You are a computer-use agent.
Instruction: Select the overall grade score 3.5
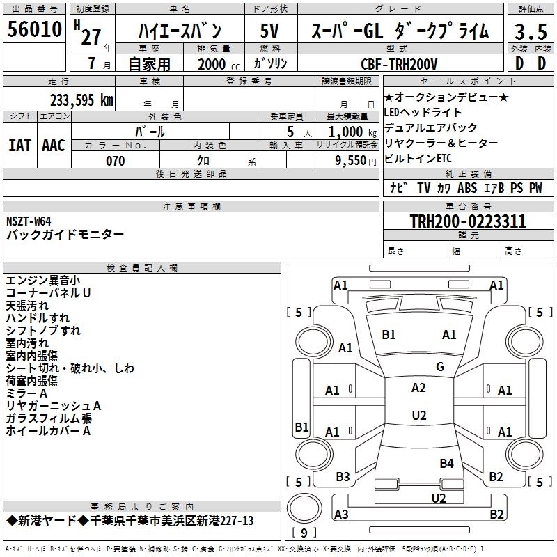pyautogui.click(x=530, y=31)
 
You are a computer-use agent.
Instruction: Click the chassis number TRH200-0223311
pyautogui.click(x=467, y=222)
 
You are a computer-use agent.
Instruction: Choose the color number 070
pyautogui.click(x=114, y=161)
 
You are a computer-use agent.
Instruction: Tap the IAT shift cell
pyautogui.click(x=19, y=145)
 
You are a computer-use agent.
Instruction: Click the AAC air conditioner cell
pyautogui.click(x=54, y=145)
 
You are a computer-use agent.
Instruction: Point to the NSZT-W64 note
pyautogui.click(x=29, y=221)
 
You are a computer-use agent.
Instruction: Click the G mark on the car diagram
pyautogui.click(x=439, y=367)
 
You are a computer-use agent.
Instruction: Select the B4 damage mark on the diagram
pyautogui.click(x=446, y=463)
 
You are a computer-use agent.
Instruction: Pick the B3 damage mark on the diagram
pyautogui.click(x=343, y=477)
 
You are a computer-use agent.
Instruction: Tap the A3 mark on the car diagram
pyautogui.click(x=341, y=514)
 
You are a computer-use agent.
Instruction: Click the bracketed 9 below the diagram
pyautogui.click(x=303, y=533)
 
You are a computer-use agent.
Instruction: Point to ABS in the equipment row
pyautogui.click(x=467, y=188)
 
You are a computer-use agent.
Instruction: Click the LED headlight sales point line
pyautogui.click(x=423, y=113)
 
